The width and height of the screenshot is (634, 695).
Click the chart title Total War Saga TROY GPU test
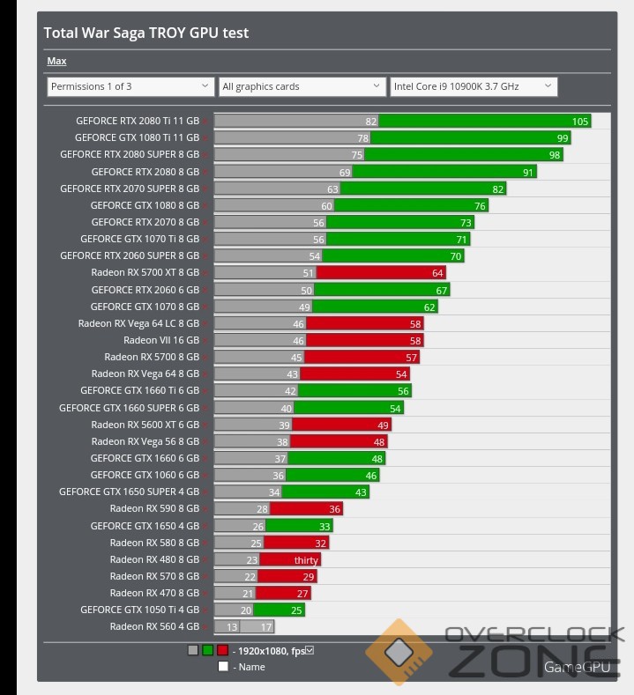146,33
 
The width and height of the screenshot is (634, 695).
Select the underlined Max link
56,61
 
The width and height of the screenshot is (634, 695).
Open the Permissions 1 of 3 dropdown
130,86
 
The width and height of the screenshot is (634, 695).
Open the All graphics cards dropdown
302,86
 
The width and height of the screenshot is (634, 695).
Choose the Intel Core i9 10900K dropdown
473,86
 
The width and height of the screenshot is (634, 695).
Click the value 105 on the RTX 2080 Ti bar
579,121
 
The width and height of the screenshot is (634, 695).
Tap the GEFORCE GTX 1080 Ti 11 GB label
137,137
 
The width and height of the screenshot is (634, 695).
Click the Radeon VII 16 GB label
161,340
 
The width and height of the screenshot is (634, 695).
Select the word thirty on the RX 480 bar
306,560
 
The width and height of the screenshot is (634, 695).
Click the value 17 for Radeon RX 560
266,626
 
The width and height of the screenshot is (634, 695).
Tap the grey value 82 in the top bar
371,121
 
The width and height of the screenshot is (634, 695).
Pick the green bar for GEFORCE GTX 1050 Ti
267,610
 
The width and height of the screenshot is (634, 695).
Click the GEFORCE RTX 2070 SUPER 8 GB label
130,189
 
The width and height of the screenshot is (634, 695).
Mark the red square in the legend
222,650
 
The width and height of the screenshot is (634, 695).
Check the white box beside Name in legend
223,667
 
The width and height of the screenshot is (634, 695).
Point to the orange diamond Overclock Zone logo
399,653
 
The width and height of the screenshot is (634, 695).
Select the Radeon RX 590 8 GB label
154,508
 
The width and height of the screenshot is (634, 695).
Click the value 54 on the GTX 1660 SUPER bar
395,408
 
